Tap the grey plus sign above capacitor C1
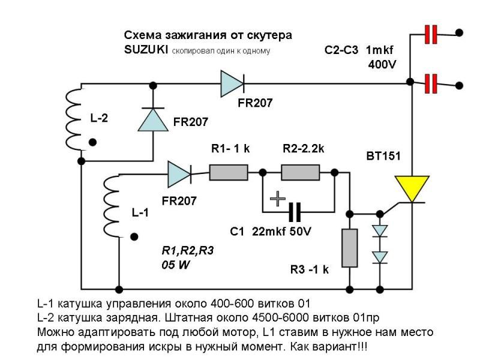(x=277, y=199)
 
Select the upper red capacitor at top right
(x=430, y=35)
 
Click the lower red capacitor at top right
(x=430, y=83)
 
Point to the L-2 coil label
(x=100, y=119)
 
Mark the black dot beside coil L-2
(x=92, y=142)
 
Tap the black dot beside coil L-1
(x=134, y=236)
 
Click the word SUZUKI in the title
(x=146, y=50)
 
